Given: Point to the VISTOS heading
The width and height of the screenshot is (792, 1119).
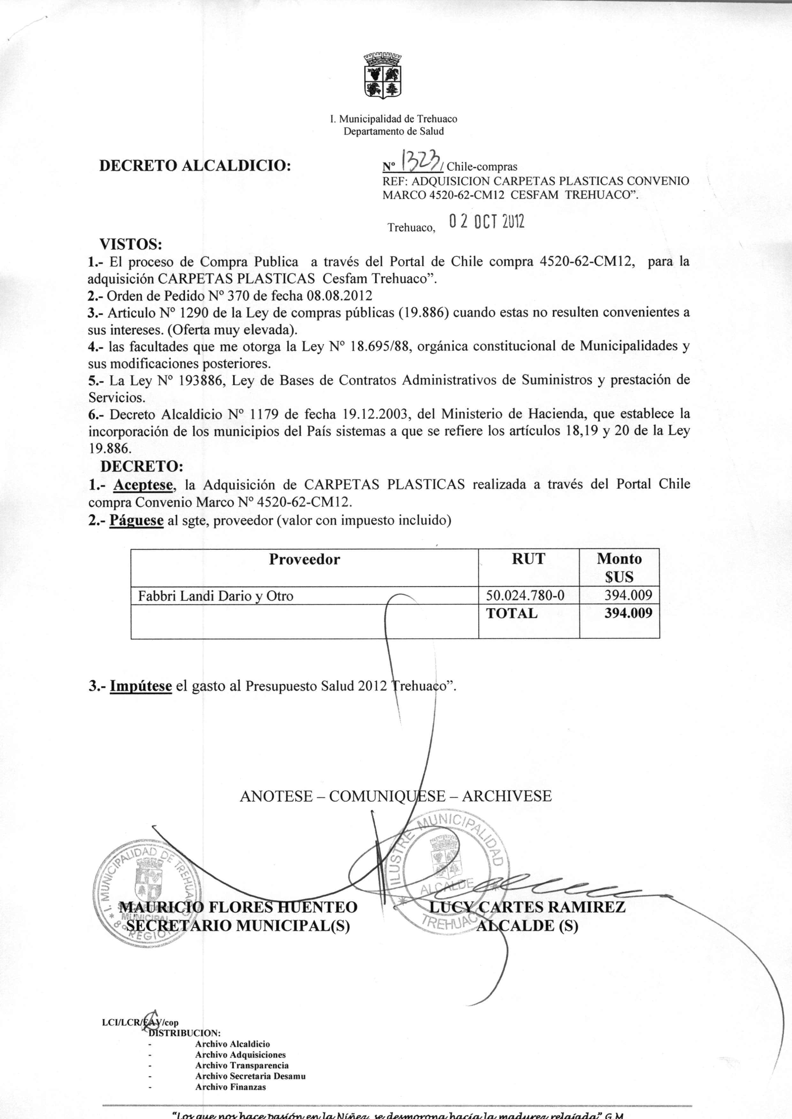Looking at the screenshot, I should point(130,243).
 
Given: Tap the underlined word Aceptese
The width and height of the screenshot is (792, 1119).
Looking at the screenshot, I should point(144,485).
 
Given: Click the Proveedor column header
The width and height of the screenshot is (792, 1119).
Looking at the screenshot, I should point(304,559).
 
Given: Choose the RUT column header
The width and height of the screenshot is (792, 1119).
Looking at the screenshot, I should point(528,559).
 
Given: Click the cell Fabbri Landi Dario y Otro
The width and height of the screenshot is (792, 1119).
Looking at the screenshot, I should point(216,596).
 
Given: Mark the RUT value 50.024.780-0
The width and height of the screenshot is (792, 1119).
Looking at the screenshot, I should point(526,595).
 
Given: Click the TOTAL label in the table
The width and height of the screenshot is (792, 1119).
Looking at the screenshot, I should point(512,613).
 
